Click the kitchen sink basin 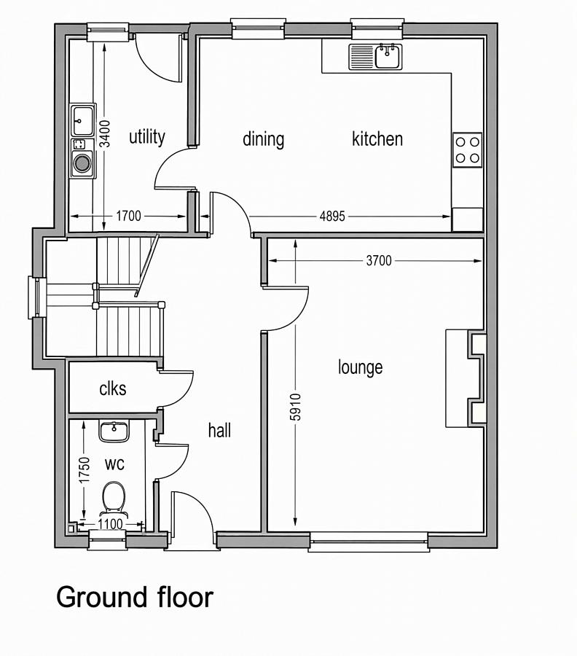coord(388,56)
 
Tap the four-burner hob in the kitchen coord(468,150)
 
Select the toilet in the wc coord(114,498)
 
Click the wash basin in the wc coord(114,432)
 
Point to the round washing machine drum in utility coord(82,163)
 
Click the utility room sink coord(82,120)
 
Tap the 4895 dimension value coord(332,216)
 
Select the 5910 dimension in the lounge coord(295,407)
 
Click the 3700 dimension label coord(379,261)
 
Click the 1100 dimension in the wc coord(111,524)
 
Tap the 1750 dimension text coord(85,470)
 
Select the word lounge coord(360,367)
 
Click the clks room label coord(113,388)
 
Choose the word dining coord(264,139)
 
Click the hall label coord(219,430)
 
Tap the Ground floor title coord(135,597)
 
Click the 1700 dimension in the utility coord(128,216)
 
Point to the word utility coord(146,137)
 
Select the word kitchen coord(377,139)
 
